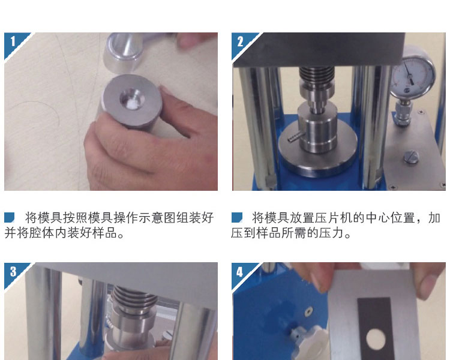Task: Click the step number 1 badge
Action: point(13,42)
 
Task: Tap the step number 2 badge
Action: point(240,42)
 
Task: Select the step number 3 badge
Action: point(13,272)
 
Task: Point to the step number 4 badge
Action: point(240,272)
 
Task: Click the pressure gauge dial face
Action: point(413,72)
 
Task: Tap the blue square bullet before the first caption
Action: point(9,217)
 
